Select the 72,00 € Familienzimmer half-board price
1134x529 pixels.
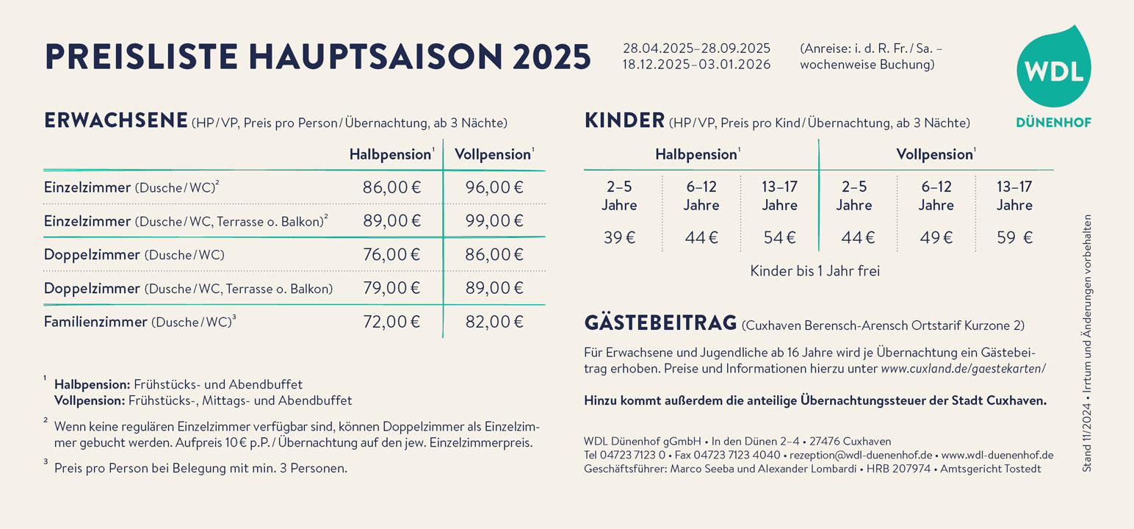[x=391, y=322]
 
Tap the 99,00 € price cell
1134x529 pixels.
[x=494, y=221]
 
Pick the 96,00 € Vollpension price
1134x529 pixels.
[x=494, y=187]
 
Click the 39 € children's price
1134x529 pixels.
[x=619, y=238]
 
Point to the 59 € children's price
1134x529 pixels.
[x=1014, y=238]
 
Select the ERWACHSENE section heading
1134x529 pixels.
[x=115, y=121]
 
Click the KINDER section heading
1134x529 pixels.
[x=624, y=121]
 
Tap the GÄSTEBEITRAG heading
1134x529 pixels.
[x=660, y=323]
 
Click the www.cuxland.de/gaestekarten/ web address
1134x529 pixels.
[x=963, y=369]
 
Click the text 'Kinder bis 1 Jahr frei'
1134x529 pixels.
[x=815, y=271]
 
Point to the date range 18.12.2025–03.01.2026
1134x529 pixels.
[x=696, y=65]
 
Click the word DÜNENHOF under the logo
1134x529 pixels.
[x=1053, y=123]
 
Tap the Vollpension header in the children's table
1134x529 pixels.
[x=935, y=155]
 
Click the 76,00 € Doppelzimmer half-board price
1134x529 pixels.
[x=391, y=255]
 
